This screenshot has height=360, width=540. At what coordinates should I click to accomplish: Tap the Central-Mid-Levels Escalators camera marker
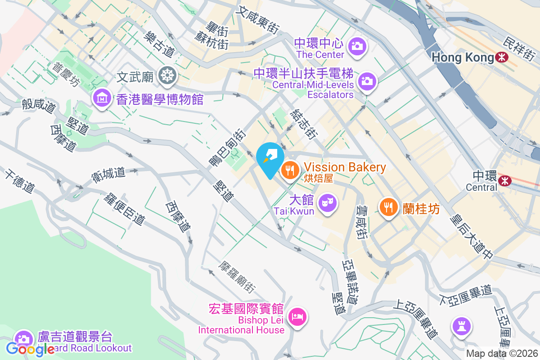click(x=367, y=81)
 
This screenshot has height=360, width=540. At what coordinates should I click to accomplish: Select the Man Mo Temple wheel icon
click(x=167, y=75)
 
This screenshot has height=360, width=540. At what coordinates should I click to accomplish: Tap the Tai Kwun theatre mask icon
click(x=327, y=202)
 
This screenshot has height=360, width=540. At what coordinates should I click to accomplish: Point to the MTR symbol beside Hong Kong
click(x=501, y=57)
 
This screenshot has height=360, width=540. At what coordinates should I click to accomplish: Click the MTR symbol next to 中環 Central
click(x=505, y=180)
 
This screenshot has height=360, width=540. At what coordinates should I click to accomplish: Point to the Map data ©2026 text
click(x=502, y=353)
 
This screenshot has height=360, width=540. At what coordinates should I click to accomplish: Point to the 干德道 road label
click(x=20, y=181)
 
